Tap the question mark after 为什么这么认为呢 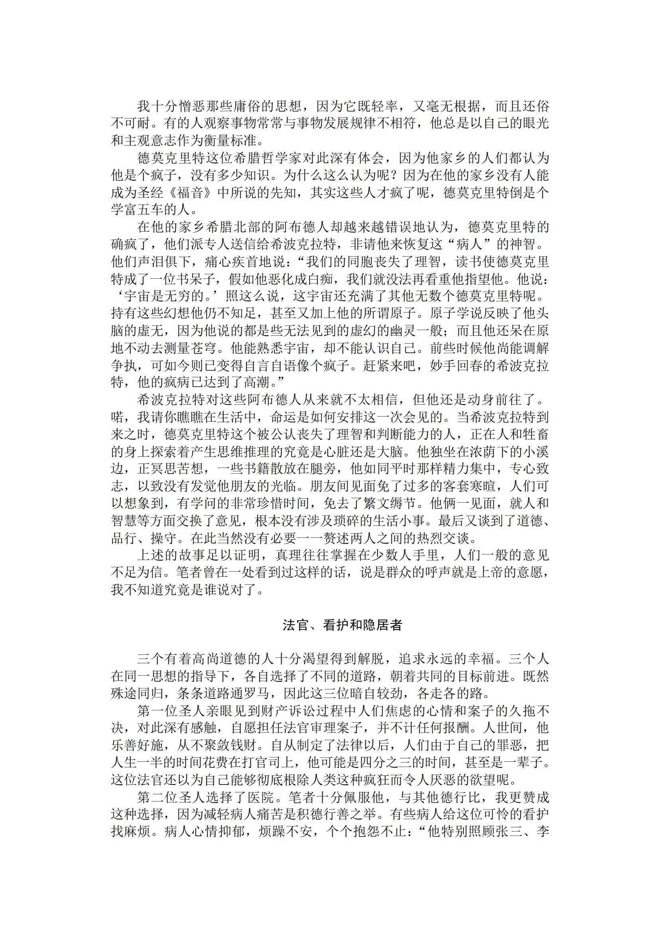pos(382,175)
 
